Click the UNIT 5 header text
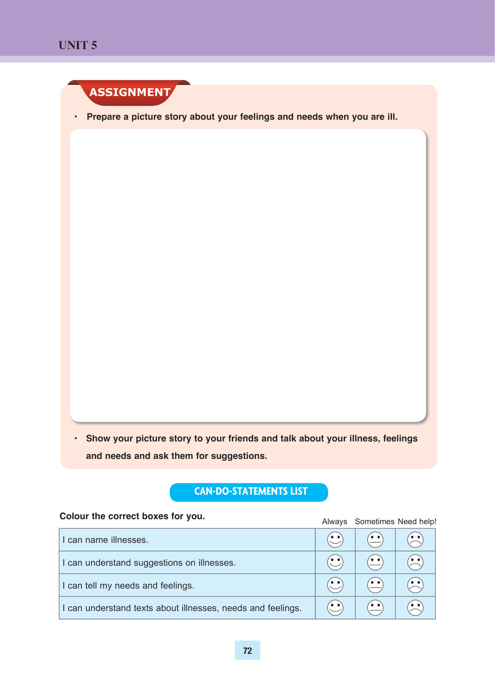tap(78, 45)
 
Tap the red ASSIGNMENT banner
tap(130, 92)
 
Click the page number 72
tap(247, 651)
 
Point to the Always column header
tap(335, 522)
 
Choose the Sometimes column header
tap(374, 522)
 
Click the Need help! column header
tap(417, 522)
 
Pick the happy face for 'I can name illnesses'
tap(335, 540)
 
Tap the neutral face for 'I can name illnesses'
tap(375, 540)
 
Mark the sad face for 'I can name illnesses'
tap(415, 540)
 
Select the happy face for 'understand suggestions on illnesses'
tap(335, 562)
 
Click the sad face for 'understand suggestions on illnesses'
tap(415, 562)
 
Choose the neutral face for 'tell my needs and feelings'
tap(375, 585)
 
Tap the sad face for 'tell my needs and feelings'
tap(415, 585)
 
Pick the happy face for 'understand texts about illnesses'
tap(335, 608)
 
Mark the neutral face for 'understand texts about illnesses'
tap(375, 608)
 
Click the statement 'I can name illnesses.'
tap(106, 540)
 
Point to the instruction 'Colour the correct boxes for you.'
tap(132, 516)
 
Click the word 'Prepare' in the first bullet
tap(103, 117)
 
